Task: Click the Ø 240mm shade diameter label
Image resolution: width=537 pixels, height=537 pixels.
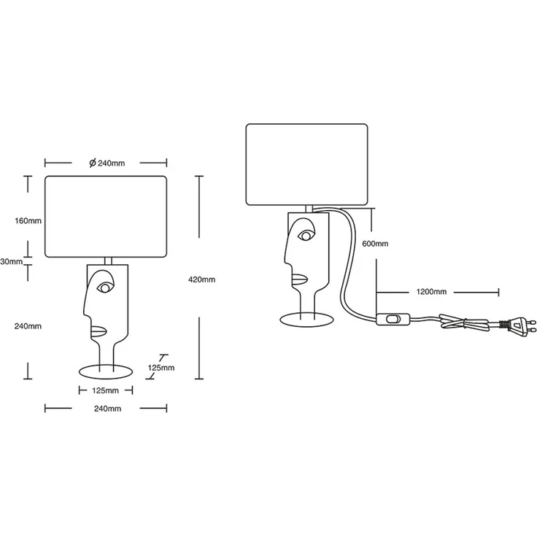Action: [x=107, y=163]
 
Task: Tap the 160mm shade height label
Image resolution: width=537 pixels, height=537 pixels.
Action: [x=28, y=221]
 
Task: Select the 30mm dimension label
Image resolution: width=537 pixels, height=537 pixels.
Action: [x=11, y=262]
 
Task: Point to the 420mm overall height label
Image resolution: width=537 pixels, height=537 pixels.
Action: [x=201, y=279]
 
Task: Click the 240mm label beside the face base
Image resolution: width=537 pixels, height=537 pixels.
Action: [x=28, y=326]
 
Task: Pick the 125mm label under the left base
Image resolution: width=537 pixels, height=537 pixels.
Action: [x=106, y=390]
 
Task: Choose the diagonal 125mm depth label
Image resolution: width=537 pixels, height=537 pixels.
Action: [x=161, y=368]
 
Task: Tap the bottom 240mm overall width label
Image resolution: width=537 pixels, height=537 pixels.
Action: [x=107, y=409]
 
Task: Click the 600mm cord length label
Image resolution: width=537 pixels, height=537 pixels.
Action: [x=375, y=244]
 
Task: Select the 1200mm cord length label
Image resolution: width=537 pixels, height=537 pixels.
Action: [x=431, y=292]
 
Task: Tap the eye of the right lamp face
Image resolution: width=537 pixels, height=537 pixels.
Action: [x=306, y=236]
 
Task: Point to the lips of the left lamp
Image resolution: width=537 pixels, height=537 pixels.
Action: [x=98, y=331]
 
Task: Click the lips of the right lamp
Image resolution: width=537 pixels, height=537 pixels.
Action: [x=300, y=279]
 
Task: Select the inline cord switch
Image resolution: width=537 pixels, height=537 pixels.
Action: [x=393, y=319]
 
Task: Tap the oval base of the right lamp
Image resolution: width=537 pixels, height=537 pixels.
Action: [x=306, y=320]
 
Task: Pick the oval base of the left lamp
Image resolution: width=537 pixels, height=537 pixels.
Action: [x=106, y=372]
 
